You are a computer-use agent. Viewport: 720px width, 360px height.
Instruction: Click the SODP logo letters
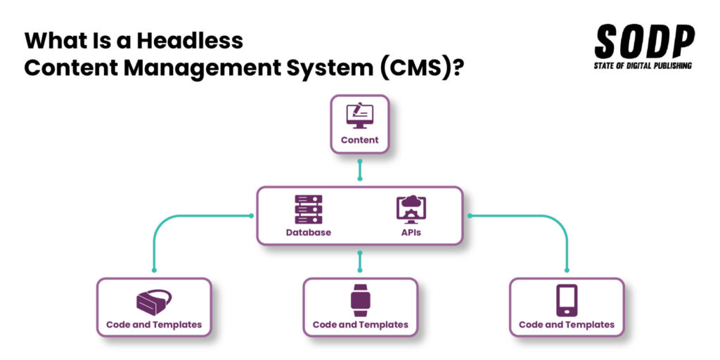644,42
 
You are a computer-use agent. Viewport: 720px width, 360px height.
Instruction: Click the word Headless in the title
189,40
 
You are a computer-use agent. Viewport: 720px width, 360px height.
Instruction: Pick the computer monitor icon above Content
359,115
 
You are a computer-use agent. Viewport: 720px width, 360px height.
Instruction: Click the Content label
359,140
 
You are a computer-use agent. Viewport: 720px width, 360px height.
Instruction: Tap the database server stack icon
308,210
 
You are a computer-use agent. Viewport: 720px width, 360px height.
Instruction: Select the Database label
308,232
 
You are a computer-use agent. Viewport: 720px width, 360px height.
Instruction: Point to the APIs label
411,232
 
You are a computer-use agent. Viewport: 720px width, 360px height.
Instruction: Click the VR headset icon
153,302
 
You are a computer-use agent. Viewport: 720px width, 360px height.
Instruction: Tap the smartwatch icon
360,300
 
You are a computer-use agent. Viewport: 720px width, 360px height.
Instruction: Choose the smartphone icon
567,300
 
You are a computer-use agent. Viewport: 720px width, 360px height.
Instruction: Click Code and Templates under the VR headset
154,325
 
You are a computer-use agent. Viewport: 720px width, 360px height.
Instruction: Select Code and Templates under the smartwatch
360,325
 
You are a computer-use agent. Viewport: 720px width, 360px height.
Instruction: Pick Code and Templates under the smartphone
567,325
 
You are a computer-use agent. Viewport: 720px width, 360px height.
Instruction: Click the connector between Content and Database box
360,169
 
